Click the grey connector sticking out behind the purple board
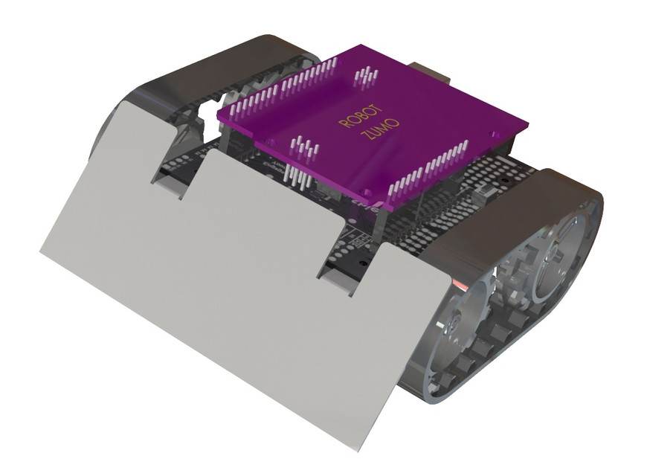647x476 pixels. point(435,72)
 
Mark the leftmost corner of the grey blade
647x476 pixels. point(41,252)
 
